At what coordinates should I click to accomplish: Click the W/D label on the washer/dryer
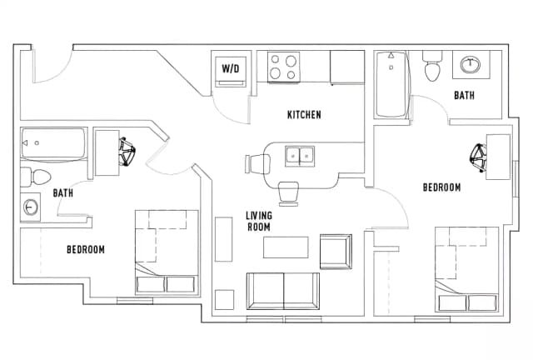point(231,68)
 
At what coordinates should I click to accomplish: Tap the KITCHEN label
point(304,115)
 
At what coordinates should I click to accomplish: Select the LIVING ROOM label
point(259,221)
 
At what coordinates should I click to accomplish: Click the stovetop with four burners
point(283,67)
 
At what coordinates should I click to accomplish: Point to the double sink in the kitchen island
point(300,156)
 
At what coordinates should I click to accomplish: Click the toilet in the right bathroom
point(432,66)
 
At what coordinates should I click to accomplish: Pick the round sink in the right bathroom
point(471,64)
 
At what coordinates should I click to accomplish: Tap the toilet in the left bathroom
point(35,177)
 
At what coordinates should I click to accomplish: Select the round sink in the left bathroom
point(31,207)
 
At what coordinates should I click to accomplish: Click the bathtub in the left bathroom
point(53,144)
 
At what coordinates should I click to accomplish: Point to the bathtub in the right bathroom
point(391,85)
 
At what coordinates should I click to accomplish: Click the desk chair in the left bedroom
point(127,151)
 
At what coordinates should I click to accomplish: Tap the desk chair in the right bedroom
point(478,157)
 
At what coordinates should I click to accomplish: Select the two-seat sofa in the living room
point(283,291)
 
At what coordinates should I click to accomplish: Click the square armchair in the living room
point(336,252)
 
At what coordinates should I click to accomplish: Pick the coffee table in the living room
point(286,247)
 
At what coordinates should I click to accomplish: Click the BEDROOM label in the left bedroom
point(86,250)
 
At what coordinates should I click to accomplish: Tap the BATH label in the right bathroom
point(464,95)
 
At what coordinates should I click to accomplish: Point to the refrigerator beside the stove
point(347,67)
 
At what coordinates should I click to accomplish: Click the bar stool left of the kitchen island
point(257,164)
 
